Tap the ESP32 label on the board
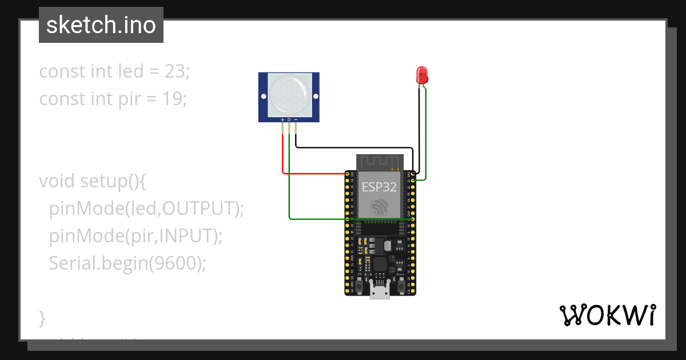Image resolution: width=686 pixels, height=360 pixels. pos(378,187)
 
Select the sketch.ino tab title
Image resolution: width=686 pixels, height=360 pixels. pos(101,25)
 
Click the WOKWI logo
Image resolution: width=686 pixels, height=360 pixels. pos(607,315)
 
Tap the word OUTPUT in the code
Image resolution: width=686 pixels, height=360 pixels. pos(198,209)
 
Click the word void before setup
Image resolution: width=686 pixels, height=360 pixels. pos(57,181)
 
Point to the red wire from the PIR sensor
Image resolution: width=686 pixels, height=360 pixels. pos(283,154)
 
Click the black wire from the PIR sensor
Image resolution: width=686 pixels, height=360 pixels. pos(354,147)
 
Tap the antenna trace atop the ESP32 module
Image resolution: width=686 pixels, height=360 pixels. pos(380,162)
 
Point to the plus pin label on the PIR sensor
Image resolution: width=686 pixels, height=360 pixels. pos(282,119)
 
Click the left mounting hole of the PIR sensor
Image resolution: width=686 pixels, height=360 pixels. pos(264,97)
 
